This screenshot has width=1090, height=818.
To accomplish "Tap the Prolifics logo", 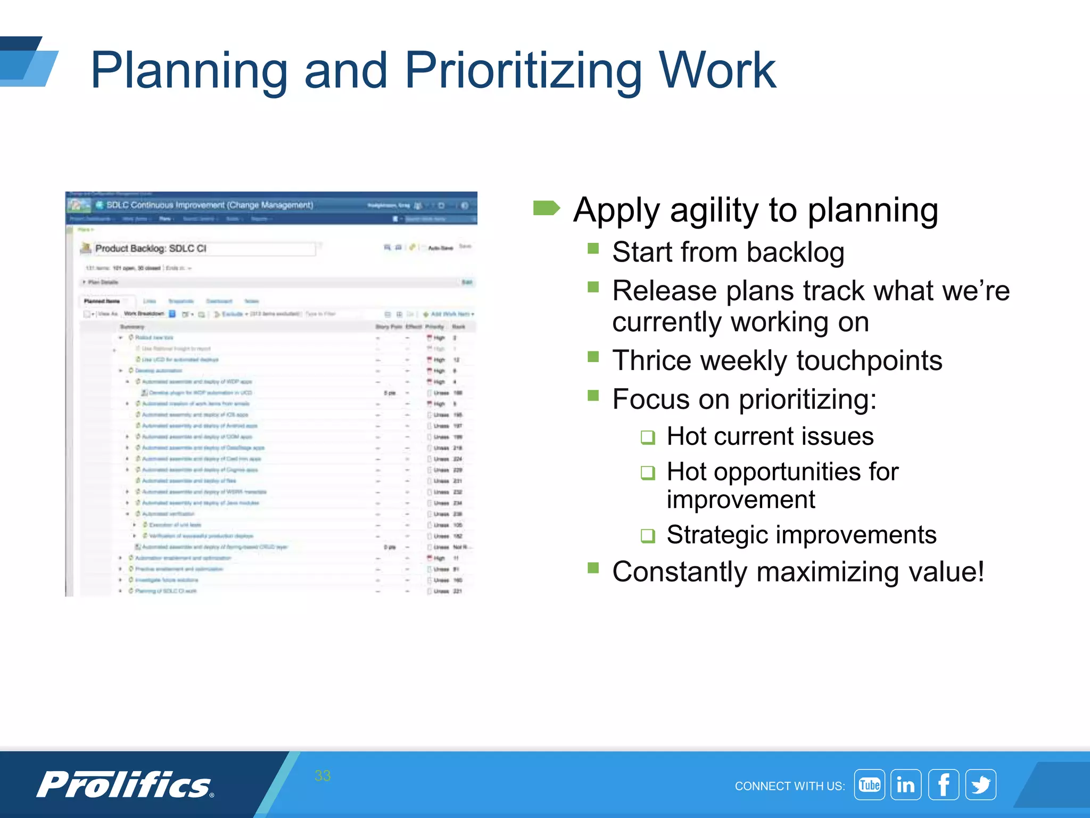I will tap(125, 784).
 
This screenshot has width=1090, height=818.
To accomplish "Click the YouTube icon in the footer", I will tap(869, 784).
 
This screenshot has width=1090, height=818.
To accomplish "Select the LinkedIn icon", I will tap(906, 784).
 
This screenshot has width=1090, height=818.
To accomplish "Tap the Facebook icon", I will tap(943, 784).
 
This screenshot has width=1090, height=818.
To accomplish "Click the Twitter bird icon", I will tap(980, 784).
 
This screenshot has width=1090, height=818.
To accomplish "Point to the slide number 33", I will tap(323, 775).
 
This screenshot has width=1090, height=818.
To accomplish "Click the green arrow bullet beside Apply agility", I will tap(546, 208).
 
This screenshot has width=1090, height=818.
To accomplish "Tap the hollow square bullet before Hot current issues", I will tap(648, 437).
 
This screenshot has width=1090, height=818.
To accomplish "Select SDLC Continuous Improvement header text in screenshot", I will tap(209, 205).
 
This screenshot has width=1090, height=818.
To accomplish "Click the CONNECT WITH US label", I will tap(789, 786).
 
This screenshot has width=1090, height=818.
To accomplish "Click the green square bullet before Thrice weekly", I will tap(593, 356).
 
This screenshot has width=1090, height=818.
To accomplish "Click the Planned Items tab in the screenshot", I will tap(102, 301).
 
